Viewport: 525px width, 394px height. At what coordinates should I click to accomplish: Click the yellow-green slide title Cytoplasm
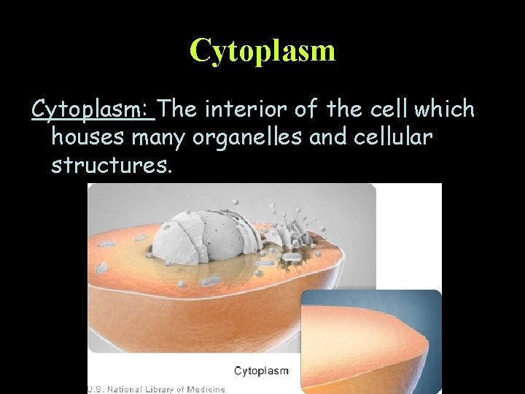(x=262, y=50)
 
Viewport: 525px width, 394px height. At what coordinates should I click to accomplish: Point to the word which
(x=444, y=109)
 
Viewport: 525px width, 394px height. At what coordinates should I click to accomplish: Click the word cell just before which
(x=389, y=109)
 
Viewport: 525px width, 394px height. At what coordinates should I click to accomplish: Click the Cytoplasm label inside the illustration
(x=261, y=371)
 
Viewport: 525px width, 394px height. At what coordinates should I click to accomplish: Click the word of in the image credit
(x=179, y=389)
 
